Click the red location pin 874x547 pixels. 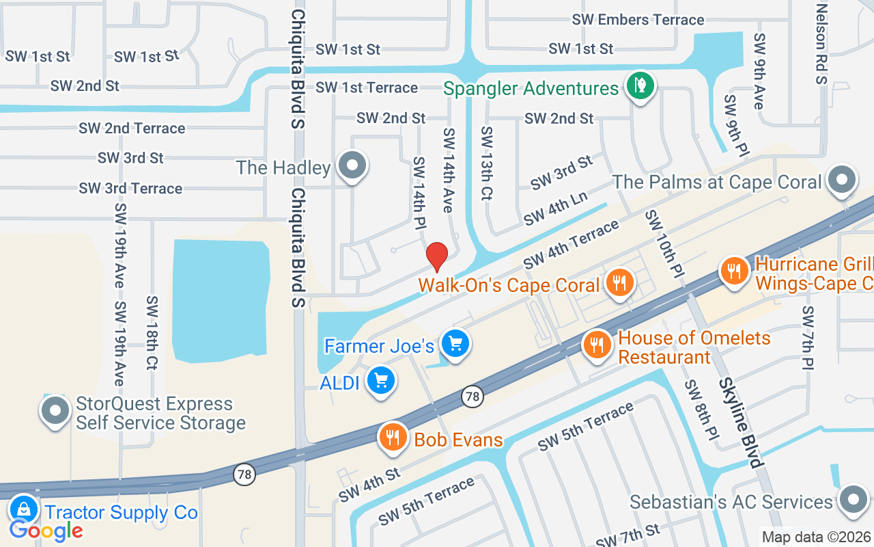[437, 257]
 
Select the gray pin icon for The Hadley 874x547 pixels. [353, 165]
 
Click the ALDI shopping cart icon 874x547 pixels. [381, 380]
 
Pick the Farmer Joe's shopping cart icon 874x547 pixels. [455, 343]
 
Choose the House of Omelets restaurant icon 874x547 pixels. [597, 343]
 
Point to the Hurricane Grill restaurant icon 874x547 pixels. [734, 271]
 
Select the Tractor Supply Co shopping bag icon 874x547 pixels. [24, 509]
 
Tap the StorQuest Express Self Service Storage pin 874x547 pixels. [56, 411]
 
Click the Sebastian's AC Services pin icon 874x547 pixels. [852, 499]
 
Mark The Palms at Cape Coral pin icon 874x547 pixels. [841, 180]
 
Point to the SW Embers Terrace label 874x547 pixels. [638, 20]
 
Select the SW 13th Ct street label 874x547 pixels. [486, 163]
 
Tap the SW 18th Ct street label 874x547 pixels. [152, 332]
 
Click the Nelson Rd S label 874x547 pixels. [821, 44]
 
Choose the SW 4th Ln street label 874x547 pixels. [555, 209]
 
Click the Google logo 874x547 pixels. [46, 530]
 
